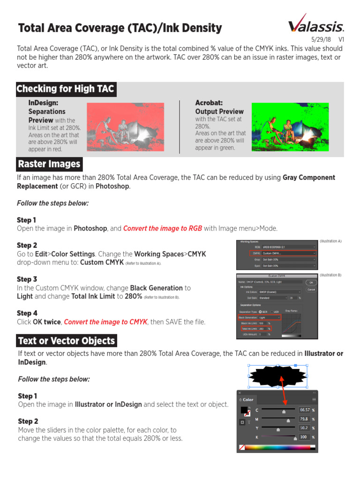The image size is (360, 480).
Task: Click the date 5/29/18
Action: [321, 40]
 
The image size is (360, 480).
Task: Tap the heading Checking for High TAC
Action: [65, 89]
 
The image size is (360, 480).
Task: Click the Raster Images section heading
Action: [49, 164]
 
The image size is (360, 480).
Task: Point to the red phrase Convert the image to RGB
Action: [163, 228]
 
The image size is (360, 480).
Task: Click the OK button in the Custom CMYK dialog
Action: [310, 283]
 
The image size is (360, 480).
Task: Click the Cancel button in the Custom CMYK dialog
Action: [310, 290]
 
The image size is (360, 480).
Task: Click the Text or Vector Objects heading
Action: [67, 341]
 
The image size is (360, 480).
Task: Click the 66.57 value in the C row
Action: [305, 410]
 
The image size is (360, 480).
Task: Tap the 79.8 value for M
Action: [305, 419]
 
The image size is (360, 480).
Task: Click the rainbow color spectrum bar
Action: [279, 448]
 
